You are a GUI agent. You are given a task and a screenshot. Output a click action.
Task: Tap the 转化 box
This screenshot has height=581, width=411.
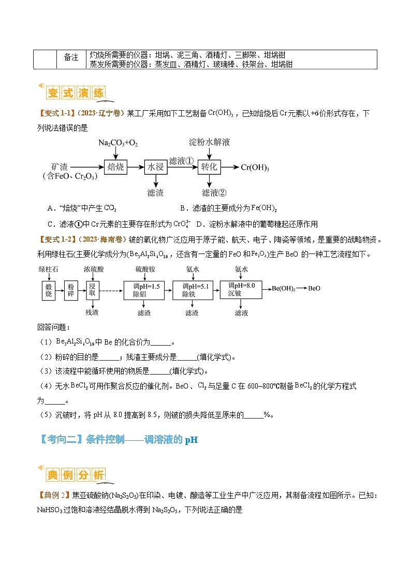210,167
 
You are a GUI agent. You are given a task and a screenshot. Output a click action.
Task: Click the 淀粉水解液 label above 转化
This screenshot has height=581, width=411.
209,141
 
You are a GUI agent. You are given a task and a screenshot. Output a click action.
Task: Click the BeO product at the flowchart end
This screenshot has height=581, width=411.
314,289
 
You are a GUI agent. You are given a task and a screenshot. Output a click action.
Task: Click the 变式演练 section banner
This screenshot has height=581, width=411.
76,93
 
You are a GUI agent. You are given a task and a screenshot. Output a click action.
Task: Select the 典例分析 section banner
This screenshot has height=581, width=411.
76,475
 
